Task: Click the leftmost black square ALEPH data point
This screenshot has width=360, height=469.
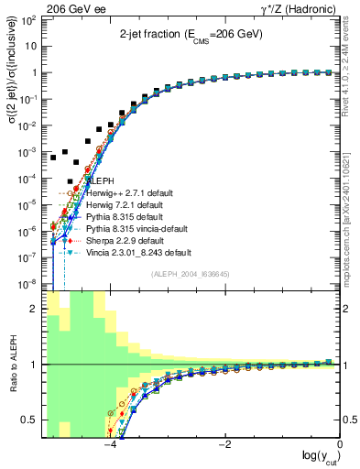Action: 53,158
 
